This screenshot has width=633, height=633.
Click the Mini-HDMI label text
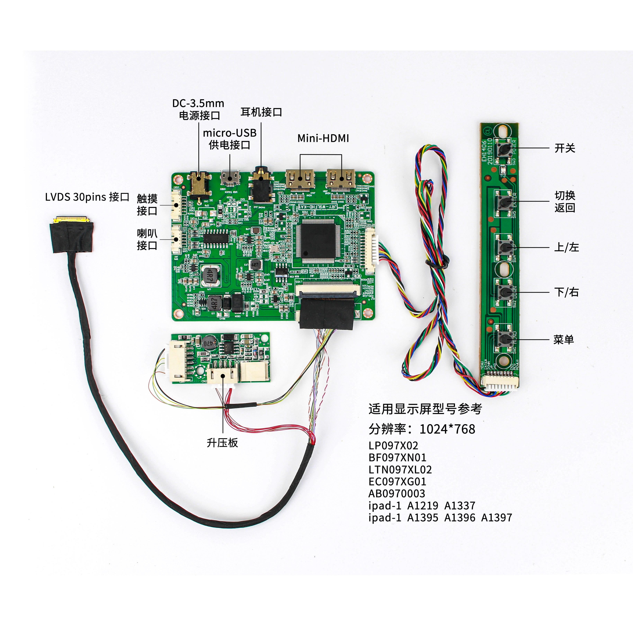pos(323,138)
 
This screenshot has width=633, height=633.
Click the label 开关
pos(565,148)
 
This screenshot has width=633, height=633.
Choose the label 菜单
pos(564,339)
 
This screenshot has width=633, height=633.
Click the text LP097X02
pos(393,446)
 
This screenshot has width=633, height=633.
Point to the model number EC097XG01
pos(397,482)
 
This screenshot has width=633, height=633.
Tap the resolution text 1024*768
pos(447,429)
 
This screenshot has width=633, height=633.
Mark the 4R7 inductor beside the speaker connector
pos(211,275)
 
